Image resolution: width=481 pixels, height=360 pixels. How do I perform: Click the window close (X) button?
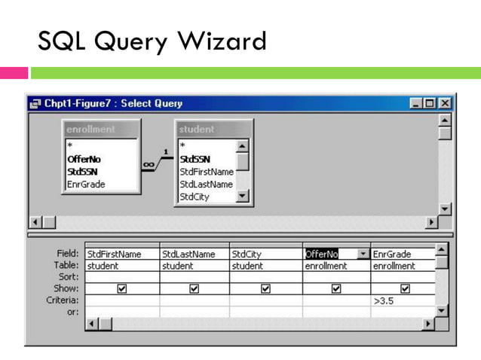pos(445,103)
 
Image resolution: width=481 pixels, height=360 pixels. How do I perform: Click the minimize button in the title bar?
pos(417,103)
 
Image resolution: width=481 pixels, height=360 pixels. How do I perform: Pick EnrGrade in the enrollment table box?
pos(86,184)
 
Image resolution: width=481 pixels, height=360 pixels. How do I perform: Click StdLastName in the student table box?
pos(206,184)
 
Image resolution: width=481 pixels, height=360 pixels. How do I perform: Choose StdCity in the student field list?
pos(194,197)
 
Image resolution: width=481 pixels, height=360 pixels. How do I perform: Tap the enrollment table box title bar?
pos(100,129)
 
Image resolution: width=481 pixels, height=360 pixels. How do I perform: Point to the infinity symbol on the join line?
pos(149,163)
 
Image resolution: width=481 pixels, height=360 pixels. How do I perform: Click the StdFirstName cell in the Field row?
pos(121,255)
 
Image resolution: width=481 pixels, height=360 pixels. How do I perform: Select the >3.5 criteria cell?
pos(403,301)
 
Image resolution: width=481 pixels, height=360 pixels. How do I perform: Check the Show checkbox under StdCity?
pos(265,288)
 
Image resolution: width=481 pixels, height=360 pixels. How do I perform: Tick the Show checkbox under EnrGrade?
pos(405,288)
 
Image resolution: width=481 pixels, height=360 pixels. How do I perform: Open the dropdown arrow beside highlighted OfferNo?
pos(363,255)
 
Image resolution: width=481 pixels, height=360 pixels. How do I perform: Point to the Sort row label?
pos(66,277)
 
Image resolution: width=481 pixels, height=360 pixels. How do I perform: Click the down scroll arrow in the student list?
pos(242,197)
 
